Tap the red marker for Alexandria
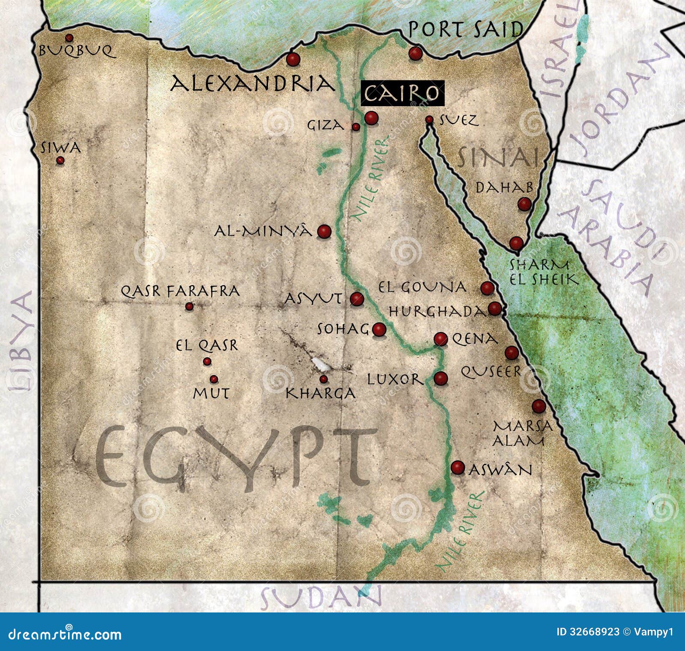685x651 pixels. point(293,59)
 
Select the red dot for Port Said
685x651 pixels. point(415,54)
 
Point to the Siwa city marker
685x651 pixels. point(60,160)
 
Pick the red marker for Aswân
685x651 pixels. point(458,467)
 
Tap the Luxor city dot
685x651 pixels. point(441,378)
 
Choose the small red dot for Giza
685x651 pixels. point(356,127)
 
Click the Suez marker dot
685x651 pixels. point(429,120)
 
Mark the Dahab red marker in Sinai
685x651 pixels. point(524,204)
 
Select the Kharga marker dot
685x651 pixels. point(324,379)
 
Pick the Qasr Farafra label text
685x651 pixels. point(180,291)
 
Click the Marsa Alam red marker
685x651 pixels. point(539,406)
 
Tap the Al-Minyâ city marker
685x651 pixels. point(325,232)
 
